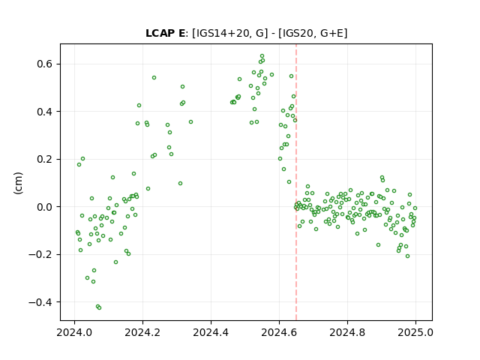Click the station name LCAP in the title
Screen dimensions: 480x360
pos(160,33)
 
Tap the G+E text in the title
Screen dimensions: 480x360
pos(331,33)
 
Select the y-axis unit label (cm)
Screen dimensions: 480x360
pos(18,183)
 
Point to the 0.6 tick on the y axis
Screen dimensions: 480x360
pos(45,64)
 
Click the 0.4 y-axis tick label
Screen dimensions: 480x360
pos(45,112)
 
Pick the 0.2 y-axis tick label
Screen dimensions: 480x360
pos(45,159)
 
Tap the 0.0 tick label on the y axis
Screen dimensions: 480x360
pos(45,207)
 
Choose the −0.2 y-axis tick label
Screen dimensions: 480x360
pos(41,254)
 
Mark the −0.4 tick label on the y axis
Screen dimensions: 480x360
pos(41,302)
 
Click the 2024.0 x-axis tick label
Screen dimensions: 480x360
pos(74,332)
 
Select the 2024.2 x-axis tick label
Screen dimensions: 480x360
pos(142,332)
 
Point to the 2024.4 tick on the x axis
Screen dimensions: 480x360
pos(211,332)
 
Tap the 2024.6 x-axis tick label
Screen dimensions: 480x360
pos(279,332)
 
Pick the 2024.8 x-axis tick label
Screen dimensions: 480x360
pos(347,332)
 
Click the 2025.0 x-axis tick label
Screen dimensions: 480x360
pos(415,332)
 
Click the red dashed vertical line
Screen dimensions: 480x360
pos(296,182)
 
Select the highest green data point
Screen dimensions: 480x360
pos(262,56)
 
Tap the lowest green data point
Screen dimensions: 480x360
pos(99,307)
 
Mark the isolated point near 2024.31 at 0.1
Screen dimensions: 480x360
pos(180,183)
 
